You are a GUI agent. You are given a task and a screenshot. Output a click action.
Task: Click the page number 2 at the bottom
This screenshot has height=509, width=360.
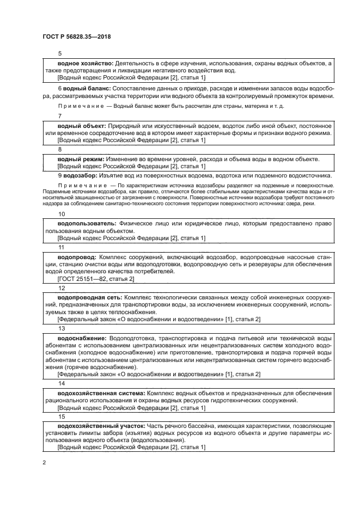[x=44, y=462]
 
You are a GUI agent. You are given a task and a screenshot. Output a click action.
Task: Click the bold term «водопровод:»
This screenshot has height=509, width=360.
[x=77, y=256]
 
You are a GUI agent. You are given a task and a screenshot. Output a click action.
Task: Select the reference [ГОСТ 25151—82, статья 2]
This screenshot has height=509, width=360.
[x=96, y=279]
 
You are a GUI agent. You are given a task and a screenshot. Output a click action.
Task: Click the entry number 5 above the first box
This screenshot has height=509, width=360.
[x=60, y=53]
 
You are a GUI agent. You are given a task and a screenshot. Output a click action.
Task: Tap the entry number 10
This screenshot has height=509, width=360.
[x=62, y=213]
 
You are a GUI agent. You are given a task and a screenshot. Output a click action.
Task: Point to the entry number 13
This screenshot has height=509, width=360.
[x=62, y=328]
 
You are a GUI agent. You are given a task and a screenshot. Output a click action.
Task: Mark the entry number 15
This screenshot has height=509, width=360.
[x=62, y=416]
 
